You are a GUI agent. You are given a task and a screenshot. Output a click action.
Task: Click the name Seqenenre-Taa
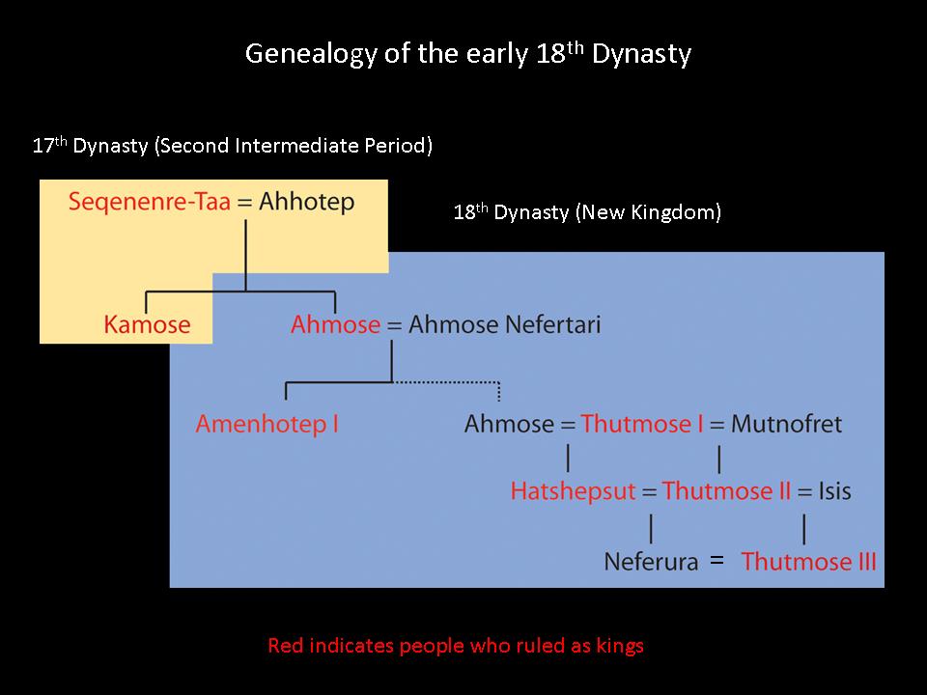coord(149,202)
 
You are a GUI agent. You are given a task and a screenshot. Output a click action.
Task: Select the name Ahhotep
coord(307,202)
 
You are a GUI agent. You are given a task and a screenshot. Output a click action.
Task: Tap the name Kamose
coord(147,324)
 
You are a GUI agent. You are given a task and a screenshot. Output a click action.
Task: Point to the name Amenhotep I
coord(267,424)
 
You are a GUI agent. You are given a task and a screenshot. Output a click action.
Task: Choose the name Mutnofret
coord(786,424)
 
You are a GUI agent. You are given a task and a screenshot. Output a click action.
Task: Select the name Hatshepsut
coord(573,491)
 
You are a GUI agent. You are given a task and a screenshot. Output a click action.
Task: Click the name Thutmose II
coord(726,491)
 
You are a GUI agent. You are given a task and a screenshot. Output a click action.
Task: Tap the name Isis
coord(834,491)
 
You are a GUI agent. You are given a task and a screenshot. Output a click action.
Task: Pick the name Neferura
coord(651,562)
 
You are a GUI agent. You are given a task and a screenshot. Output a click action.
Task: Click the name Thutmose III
coord(809,562)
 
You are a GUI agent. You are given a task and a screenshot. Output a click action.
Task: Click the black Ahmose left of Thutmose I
coord(509,424)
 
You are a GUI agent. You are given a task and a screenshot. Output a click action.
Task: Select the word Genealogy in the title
coord(311,54)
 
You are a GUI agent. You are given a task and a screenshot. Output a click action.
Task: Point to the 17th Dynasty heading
coord(233,146)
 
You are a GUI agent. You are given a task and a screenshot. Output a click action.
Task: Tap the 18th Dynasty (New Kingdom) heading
coord(587,212)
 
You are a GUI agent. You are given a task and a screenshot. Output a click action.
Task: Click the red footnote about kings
coord(455,646)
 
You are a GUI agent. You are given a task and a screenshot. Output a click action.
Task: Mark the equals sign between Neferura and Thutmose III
coord(717,559)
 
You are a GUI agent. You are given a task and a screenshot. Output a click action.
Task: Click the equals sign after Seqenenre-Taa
coord(244,203)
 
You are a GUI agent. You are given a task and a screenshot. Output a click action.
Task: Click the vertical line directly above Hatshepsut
coord(568,458)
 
